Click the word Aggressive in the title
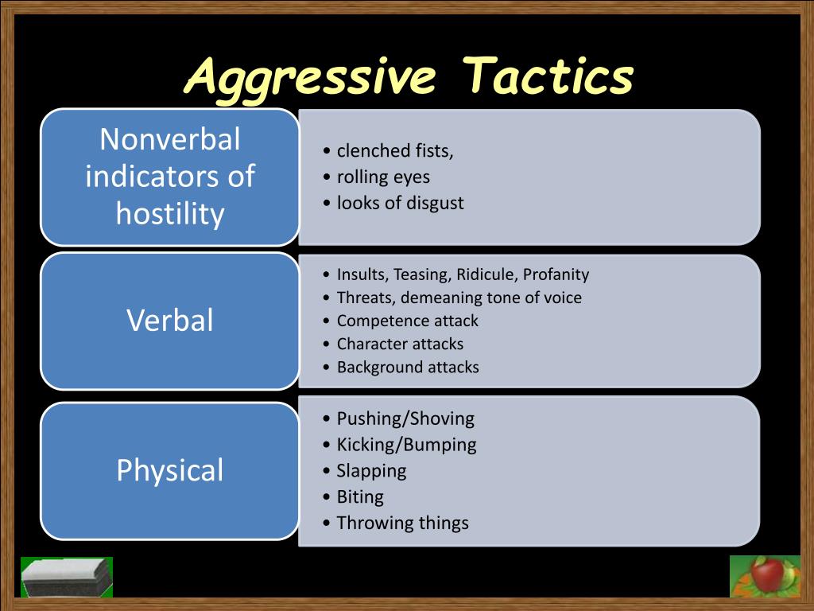point(311,78)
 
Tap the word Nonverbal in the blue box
point(170,139)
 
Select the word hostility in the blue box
point(170,212)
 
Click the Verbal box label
point(170,321)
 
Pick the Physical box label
point(170,470)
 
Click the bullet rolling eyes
point(383,177)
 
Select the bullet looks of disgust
point(400,203)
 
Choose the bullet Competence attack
point(408,321)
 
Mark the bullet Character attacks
point(400,344)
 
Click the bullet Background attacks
point(408,367)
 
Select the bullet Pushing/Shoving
point(405,418)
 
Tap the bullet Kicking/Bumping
point(406,444)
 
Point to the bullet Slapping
point(371,470)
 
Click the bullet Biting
point(360,496)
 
